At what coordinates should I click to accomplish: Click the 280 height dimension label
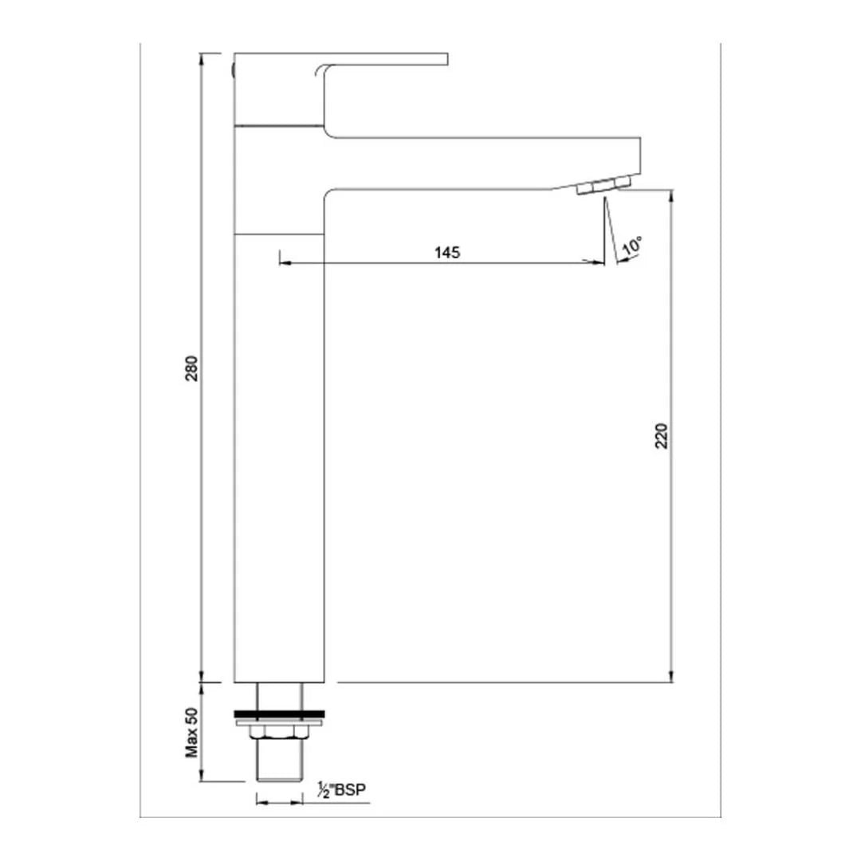(x=191, y=368)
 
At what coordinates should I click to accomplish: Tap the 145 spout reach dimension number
(x=447, y=253)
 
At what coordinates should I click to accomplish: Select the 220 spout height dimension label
(x=662, y=436)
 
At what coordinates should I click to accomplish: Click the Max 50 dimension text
(x=191, y=733)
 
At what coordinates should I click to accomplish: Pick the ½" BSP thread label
(x=341, y=790)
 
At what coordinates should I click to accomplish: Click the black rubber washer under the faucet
(x=279, y=714)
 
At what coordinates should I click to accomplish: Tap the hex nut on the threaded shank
(x=279, y=732)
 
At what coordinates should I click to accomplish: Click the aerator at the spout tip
(x=603, y=184)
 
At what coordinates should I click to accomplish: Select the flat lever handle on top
(x=340, y=59)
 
